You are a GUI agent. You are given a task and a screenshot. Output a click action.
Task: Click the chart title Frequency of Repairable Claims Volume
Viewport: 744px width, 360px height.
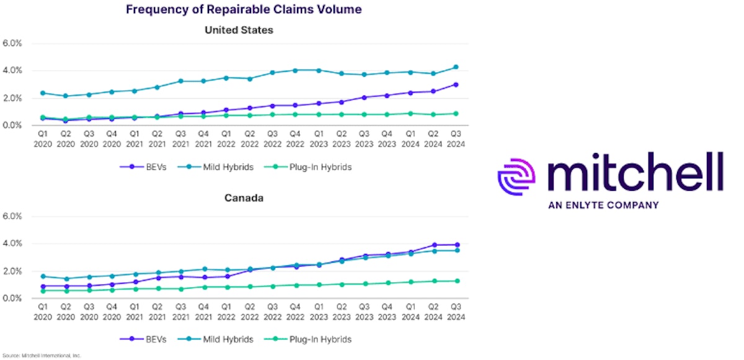[x=244, y=9]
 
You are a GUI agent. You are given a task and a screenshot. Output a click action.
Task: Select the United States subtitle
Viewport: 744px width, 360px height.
[x=239, y=30]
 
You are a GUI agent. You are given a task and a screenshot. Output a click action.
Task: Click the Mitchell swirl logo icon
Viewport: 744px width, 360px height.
[x=517, y=177]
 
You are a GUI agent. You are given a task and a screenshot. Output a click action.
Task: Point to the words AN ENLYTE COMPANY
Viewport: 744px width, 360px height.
[x=603, y=204]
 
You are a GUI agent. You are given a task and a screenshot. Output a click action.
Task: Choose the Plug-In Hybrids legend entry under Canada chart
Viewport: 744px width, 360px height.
[x=313, y=339]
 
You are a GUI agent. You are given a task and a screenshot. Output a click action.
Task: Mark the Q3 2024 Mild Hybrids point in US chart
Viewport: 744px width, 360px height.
[x=456, y=67]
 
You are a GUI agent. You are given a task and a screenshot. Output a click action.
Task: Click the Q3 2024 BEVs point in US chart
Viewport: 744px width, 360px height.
[x=456, y=85]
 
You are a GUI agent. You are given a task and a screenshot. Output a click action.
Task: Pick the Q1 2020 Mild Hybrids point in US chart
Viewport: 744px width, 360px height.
[x=42, y=93]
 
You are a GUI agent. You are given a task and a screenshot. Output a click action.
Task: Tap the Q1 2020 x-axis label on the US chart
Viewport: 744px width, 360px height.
[x=42, y=139]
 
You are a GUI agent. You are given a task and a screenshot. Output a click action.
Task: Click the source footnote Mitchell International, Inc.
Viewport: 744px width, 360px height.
[x=42, y=356]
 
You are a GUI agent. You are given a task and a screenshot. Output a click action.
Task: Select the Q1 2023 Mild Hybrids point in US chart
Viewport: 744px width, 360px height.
[x=319, y=70]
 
